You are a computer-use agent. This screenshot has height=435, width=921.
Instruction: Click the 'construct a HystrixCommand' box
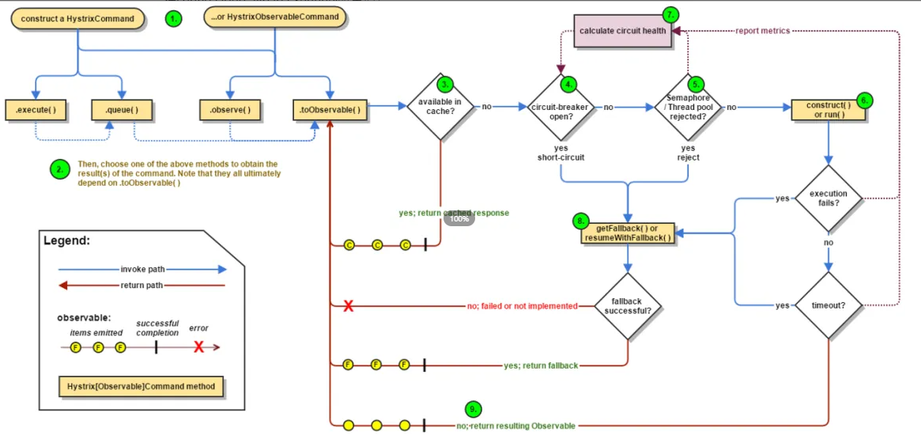click(x=77, y=18)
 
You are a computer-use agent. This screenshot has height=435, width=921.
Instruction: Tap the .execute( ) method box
click(x=35, y=109)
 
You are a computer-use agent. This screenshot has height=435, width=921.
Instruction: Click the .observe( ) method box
click(x=230, y=109)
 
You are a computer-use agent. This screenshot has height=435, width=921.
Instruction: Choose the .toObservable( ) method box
click(x=330, y=109)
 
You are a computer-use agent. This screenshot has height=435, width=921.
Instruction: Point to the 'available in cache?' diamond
click(x=440, y=106)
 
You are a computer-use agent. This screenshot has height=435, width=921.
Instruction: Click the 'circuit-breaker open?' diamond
click(x=561, y=107)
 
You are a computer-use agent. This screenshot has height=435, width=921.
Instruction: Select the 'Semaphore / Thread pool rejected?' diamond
click(x=688, y=107)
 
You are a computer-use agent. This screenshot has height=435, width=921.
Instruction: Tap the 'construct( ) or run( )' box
click(x=828, y=109)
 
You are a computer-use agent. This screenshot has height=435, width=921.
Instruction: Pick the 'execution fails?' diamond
click(x=828, y=198)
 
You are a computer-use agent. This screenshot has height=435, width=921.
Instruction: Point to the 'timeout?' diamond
click(x=828, y=304)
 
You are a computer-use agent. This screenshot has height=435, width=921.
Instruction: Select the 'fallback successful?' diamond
click(x=628, y=305)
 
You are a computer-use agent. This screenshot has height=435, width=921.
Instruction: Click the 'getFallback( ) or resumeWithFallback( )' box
click(x=628, y=233)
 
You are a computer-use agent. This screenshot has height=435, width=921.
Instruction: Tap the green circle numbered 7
click(x=671, y=14)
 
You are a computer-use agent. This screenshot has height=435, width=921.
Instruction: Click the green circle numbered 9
click(x=473, y=409)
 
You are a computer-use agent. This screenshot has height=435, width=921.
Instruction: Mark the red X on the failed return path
click(x=348, y=306)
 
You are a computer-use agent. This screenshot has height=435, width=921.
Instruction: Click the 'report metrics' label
click(x=762, y=31)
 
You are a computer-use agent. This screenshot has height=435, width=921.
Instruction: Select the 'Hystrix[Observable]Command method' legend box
click(x=142, y=387)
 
